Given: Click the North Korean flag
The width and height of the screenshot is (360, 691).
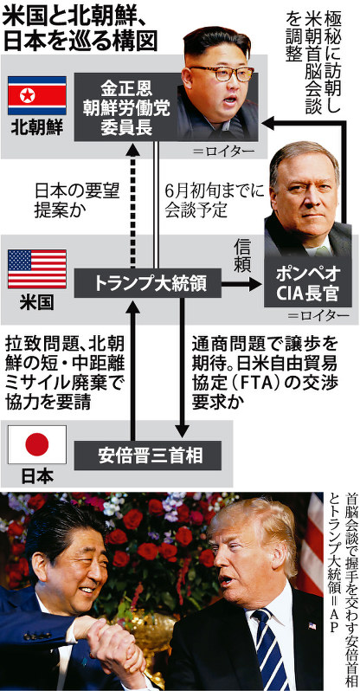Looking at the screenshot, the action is coord(37,95).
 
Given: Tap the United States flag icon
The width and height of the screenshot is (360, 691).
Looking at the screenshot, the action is coord(37,268).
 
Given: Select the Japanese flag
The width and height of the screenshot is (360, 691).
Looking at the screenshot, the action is coord(37,444).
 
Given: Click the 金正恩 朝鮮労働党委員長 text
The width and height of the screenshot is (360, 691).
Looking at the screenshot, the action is coord(126,107).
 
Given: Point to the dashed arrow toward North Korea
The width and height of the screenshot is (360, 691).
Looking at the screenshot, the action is coord(133,207).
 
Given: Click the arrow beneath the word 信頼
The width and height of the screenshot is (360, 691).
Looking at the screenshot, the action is coord(241,285).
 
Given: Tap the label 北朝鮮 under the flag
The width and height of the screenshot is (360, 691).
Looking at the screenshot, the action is coord(37,128).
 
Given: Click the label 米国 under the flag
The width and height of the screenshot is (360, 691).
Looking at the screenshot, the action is coord(37,303).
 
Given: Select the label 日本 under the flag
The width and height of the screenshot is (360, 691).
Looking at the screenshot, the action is coord(37,476).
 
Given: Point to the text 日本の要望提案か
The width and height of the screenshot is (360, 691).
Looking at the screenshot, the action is coord(77,201).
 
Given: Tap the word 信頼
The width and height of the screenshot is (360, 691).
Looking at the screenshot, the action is coord(242,256).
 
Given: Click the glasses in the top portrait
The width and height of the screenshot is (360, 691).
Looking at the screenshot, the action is coord(222,73).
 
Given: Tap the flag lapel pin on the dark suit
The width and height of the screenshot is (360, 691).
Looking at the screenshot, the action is coord(312,626).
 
